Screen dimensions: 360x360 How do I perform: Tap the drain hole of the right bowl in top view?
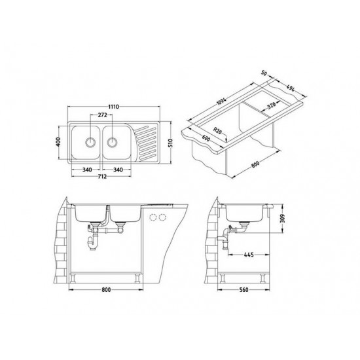(113, 140)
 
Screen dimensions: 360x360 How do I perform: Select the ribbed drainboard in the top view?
(147, 142)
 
